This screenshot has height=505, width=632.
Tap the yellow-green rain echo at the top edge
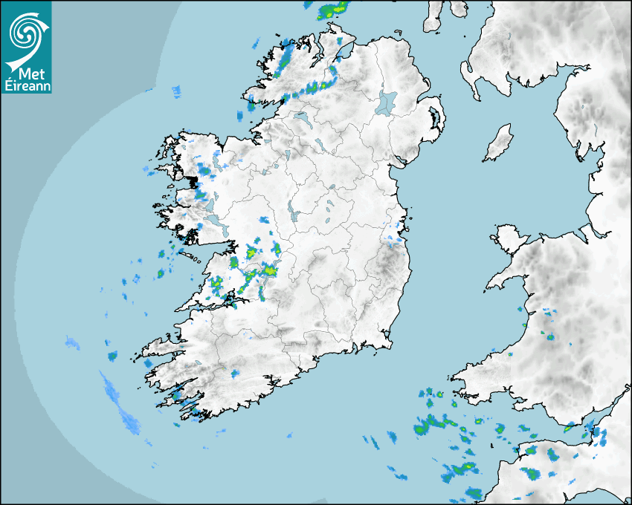point(333,10)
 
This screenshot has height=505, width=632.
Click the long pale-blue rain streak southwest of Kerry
point(120,405)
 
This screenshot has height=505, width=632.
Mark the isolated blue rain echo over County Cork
point(235,373)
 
